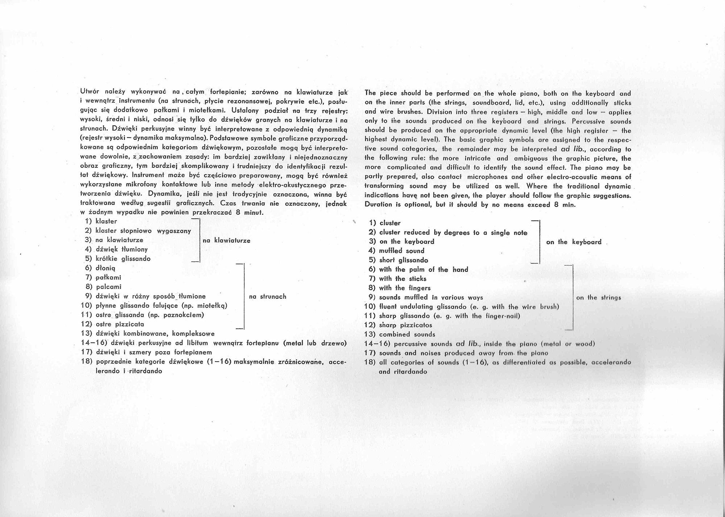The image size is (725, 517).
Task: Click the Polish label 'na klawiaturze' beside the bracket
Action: tap(226, 240)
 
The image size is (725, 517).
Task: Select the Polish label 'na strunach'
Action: tap(268, 297)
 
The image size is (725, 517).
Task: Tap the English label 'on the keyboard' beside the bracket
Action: tap(573, 242)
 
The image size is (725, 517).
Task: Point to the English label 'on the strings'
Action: tap(598, 298)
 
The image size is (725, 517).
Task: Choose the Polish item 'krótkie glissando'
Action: tap(123, 259)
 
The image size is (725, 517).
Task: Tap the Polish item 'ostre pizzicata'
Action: tap(120, 324)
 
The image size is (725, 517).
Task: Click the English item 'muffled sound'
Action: tap(401, 251)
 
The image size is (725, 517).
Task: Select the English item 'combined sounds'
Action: tap(407, 335)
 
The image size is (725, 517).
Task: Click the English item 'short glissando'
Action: tap(403, 260)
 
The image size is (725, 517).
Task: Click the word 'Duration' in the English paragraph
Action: tap(377, 205)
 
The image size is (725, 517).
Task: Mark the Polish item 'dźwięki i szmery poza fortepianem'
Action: tap(154, 352)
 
